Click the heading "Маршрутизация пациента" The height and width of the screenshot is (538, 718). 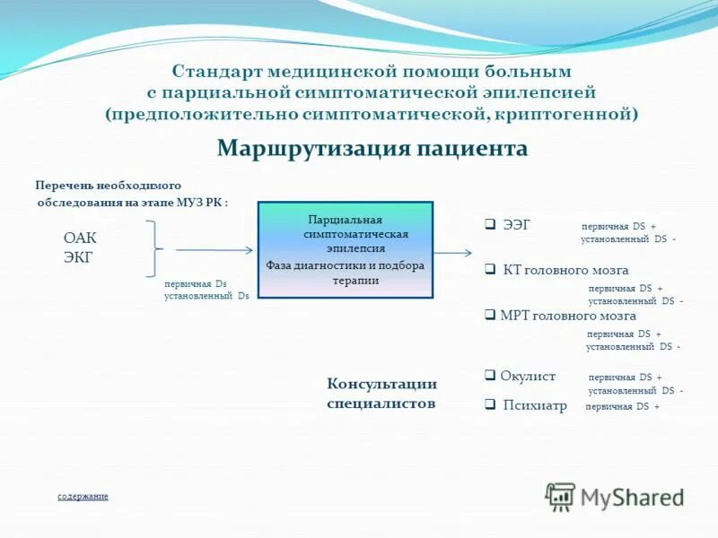coord(372,148)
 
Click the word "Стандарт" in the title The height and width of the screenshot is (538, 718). coord(214,70)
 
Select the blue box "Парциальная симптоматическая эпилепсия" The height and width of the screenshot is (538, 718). coord(346,249)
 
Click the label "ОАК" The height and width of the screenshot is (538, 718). coord(79,238)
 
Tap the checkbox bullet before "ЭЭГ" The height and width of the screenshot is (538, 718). coord(490,225)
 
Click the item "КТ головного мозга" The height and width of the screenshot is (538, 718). coord(565,270)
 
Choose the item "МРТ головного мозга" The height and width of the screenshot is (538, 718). coord(567,316)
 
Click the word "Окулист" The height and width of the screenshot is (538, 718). coord(529,377)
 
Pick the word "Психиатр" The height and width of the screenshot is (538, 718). coord(535,405)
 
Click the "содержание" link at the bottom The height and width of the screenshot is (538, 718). coord(83,496)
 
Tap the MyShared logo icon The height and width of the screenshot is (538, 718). coord(560,496)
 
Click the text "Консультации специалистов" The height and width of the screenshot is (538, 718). coord(381,394)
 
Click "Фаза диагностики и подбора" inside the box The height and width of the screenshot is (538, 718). coord(346,265)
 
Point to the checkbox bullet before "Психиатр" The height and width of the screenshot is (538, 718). coord(490,404)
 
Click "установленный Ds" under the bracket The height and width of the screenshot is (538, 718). coord(206,295)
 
